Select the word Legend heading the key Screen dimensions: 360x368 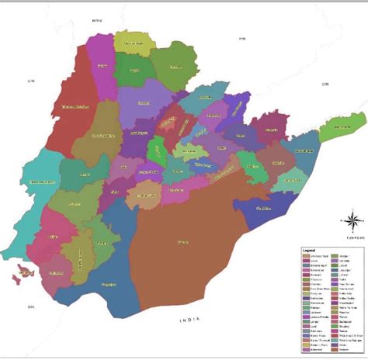[307, 250]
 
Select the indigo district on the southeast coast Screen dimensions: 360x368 [260, 209]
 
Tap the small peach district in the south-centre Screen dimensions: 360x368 [143, 194]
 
